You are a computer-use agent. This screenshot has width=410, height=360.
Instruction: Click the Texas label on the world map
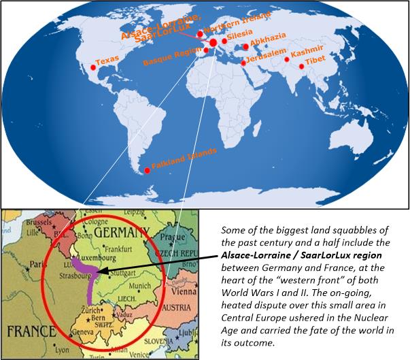[107, 61]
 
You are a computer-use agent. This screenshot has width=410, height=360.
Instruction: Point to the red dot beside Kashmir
[286, 60]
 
